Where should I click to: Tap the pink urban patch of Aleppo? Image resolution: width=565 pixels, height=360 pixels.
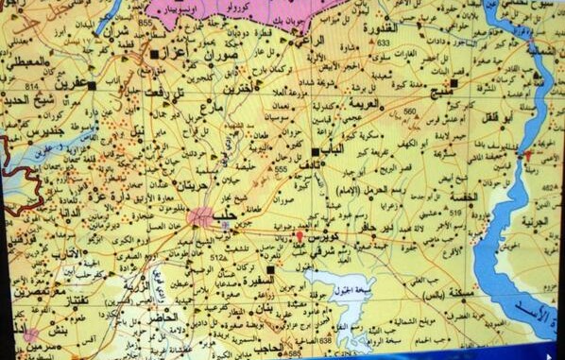pos(200,216)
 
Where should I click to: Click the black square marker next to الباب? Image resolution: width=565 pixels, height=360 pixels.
pos(315,151)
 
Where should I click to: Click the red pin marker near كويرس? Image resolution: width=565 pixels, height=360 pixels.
pos(300,235)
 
